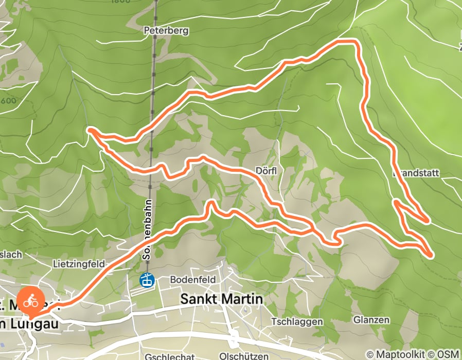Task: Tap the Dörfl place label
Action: click(266, 171)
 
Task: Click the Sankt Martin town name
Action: click(222, 299)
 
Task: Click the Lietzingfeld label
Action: click(78, 264)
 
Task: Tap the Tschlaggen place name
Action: click(298, 321)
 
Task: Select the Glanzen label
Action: click(371, 319)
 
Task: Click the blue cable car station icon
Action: click(147, 280)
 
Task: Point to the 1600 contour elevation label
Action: click(8, 101)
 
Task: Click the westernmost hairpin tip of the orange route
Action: click(91, 131)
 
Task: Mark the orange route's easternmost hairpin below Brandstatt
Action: click(430, 254)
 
